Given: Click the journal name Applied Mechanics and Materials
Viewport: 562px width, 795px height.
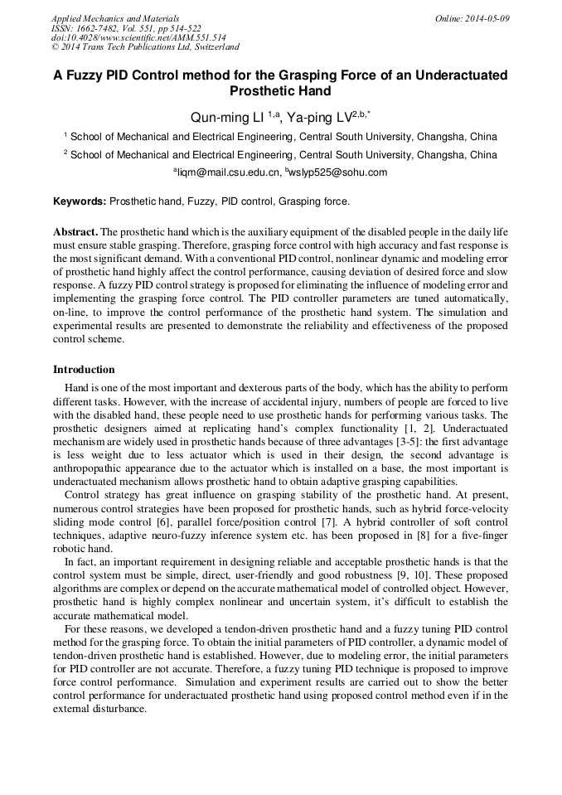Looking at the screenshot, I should (x=115, y=18).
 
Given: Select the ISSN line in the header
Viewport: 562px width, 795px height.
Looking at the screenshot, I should (x=126, y=28).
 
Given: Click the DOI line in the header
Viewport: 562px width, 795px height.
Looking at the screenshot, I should (x=138, y=38).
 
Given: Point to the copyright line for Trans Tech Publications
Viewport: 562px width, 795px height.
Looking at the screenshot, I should (x=145, y=48).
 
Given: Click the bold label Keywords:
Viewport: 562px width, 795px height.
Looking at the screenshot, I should (x=80, y=201).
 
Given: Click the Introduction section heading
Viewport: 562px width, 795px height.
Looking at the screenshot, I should (x=84, y=370).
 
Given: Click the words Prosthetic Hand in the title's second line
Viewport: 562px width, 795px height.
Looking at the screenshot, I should (x=280, y=91).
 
